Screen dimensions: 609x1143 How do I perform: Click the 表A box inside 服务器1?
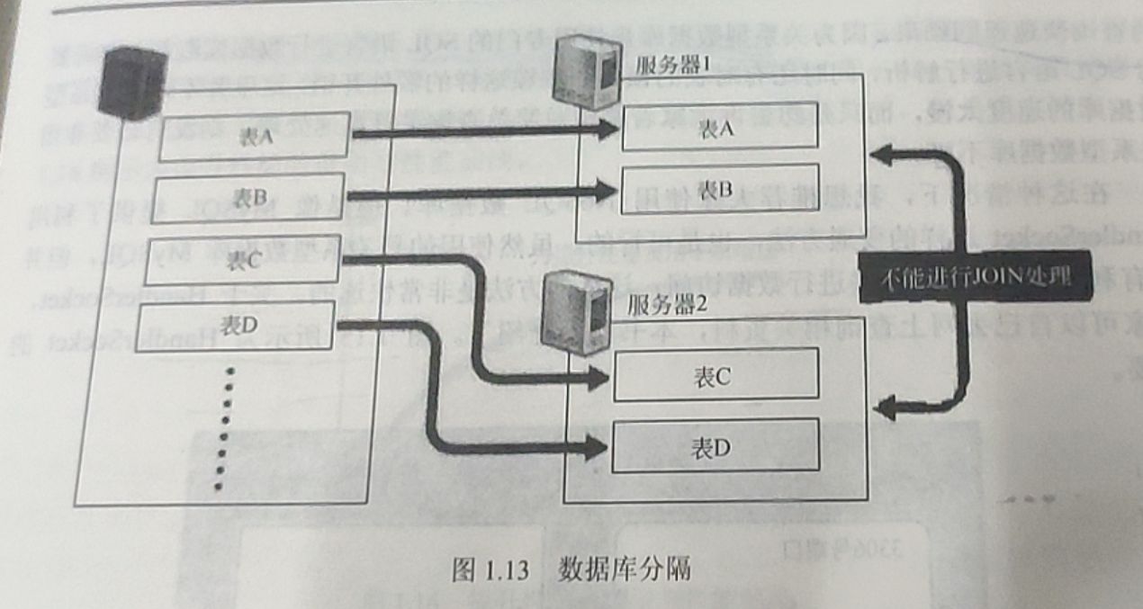click(719, 128)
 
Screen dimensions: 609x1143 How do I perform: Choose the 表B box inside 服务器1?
click(719, 189)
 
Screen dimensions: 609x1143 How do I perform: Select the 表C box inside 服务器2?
click(715, 373)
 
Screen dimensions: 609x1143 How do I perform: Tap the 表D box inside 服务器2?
click(715, 446)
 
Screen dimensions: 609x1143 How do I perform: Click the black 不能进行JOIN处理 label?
click(973, 276)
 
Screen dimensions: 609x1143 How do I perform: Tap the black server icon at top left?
click(134, 83)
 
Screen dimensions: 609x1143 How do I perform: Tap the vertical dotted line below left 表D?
click(225, 427)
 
